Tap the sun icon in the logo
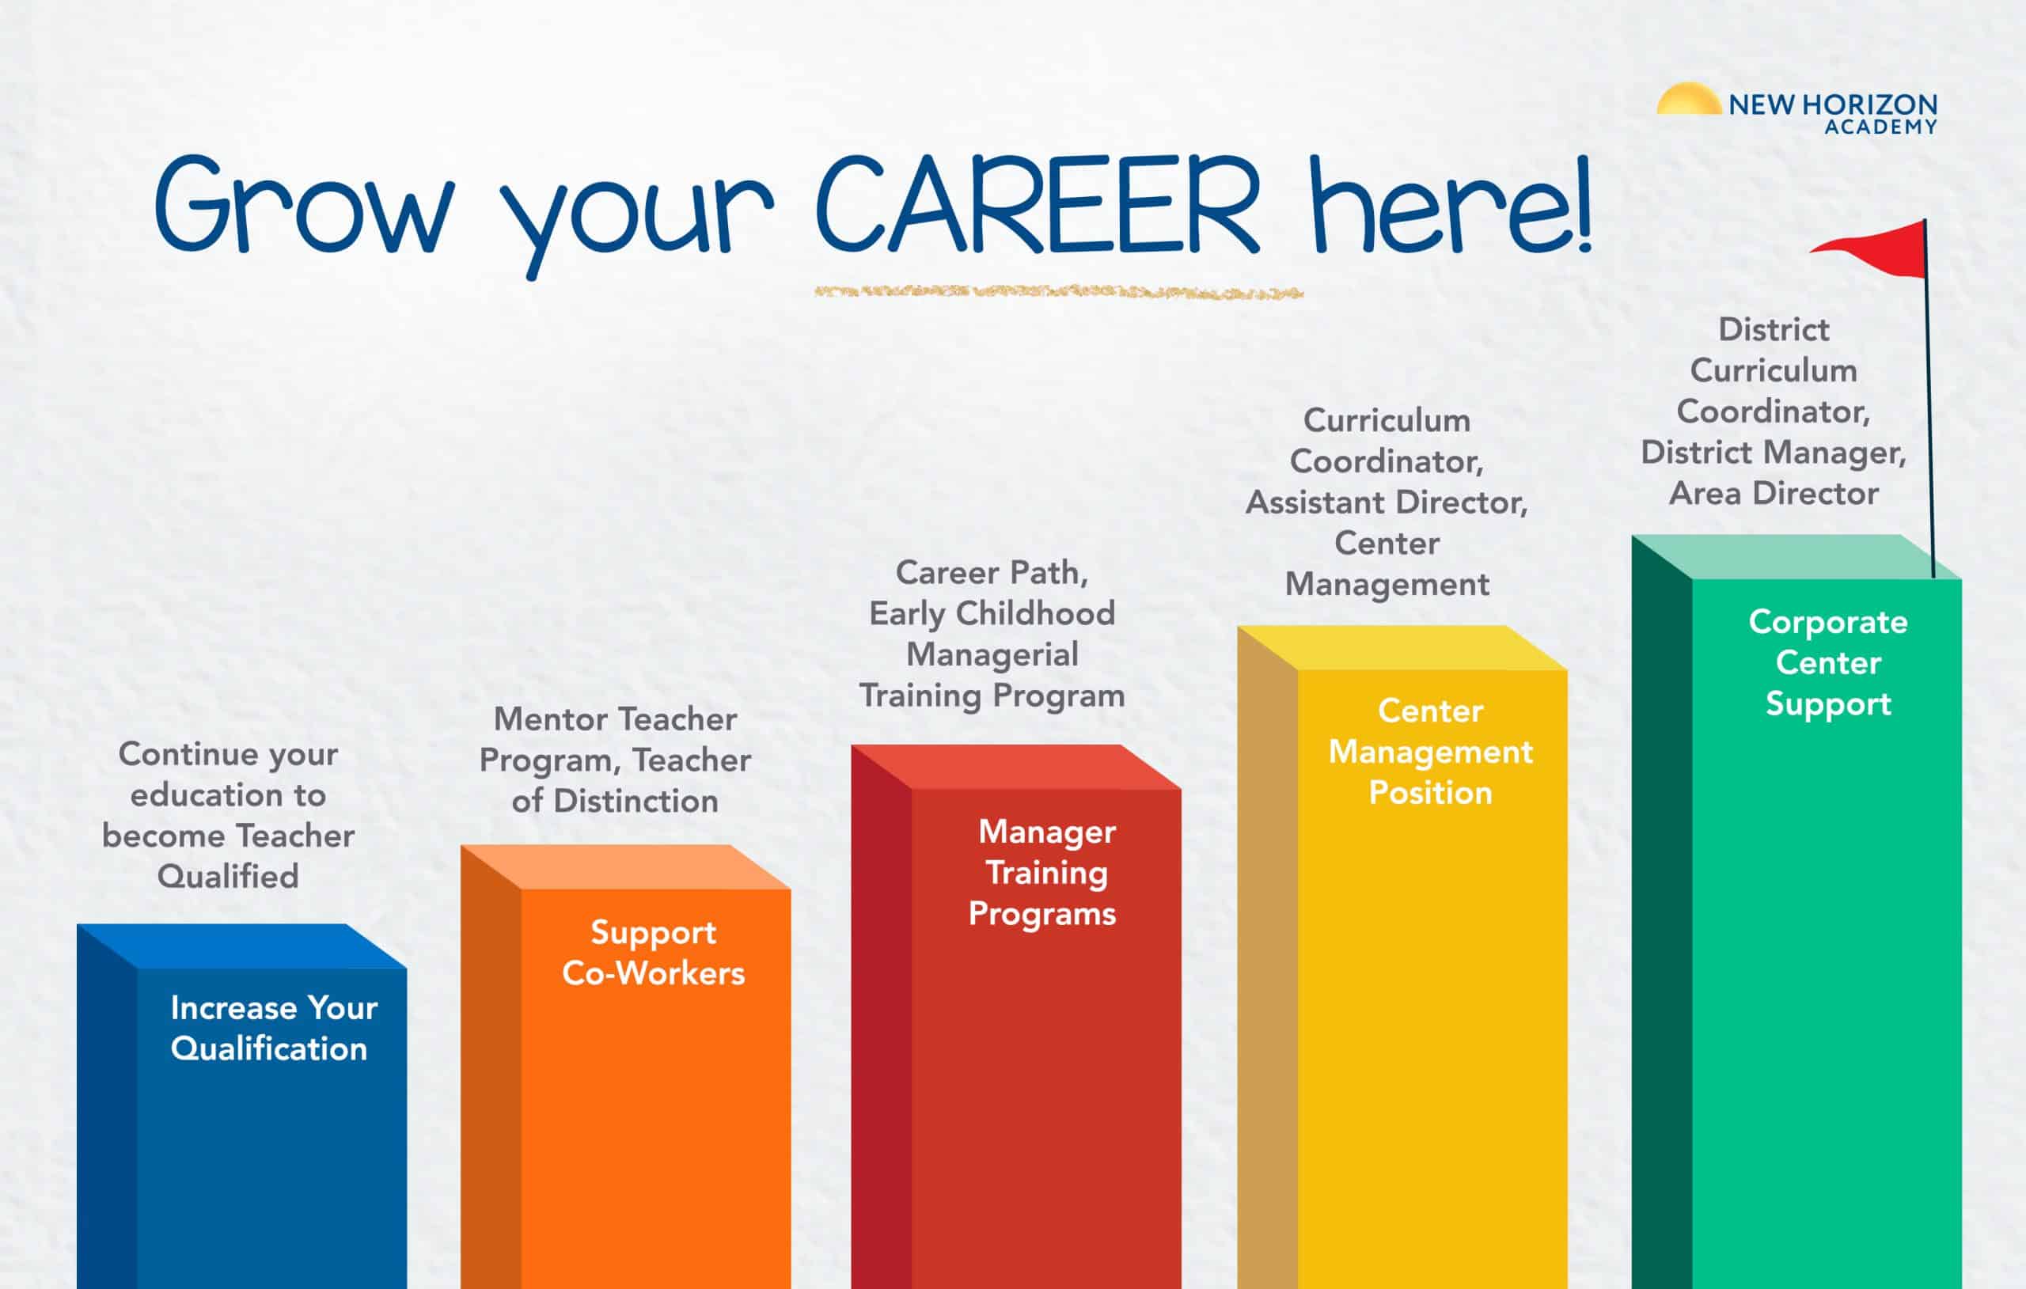[x=1689, y=98]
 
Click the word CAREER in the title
[x=1038, y=203]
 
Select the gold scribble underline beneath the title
[x=1058, y=292]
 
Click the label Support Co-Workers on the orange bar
[x=653, y=953]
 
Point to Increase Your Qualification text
[x=274, y=1027]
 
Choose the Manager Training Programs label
[x=1042, y=873]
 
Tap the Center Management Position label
[x=1430, y=752]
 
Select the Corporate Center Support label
[x=1828, y=663]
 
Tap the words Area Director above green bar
[x=1774, y=493]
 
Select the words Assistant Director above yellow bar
[x=1387, y=502]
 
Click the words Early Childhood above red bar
[x=992, y=613]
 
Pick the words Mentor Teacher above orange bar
[x=615, y=718]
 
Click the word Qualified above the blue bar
[x=228, y=877]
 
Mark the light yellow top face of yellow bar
[x=1402, y=647]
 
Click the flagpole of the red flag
[x=1929, y=399]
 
